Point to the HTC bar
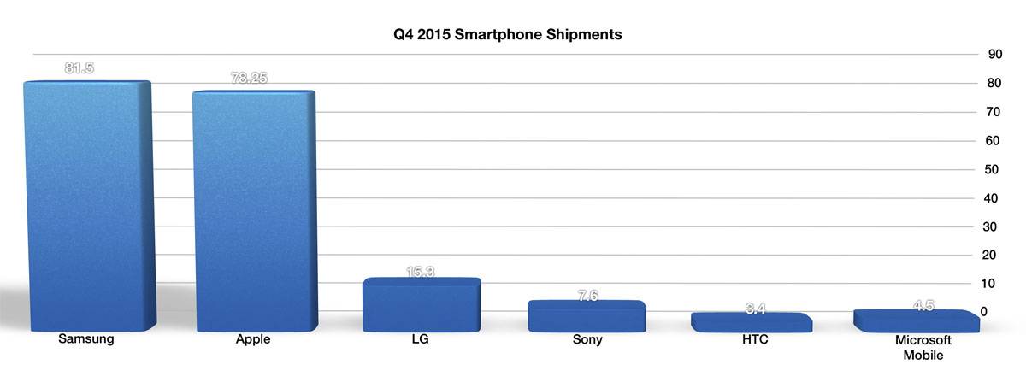pos(751,322)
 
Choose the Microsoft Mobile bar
pos(916,320)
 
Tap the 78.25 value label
pos(249,78)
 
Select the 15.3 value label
pos(420,272)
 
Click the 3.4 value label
pos(752,308)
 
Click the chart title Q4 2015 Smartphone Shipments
pos(502,35)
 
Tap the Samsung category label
pos(86,339)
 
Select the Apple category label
pos(253,339)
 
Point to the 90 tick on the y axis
pos(995,55)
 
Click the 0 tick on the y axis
pos(985,312)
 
